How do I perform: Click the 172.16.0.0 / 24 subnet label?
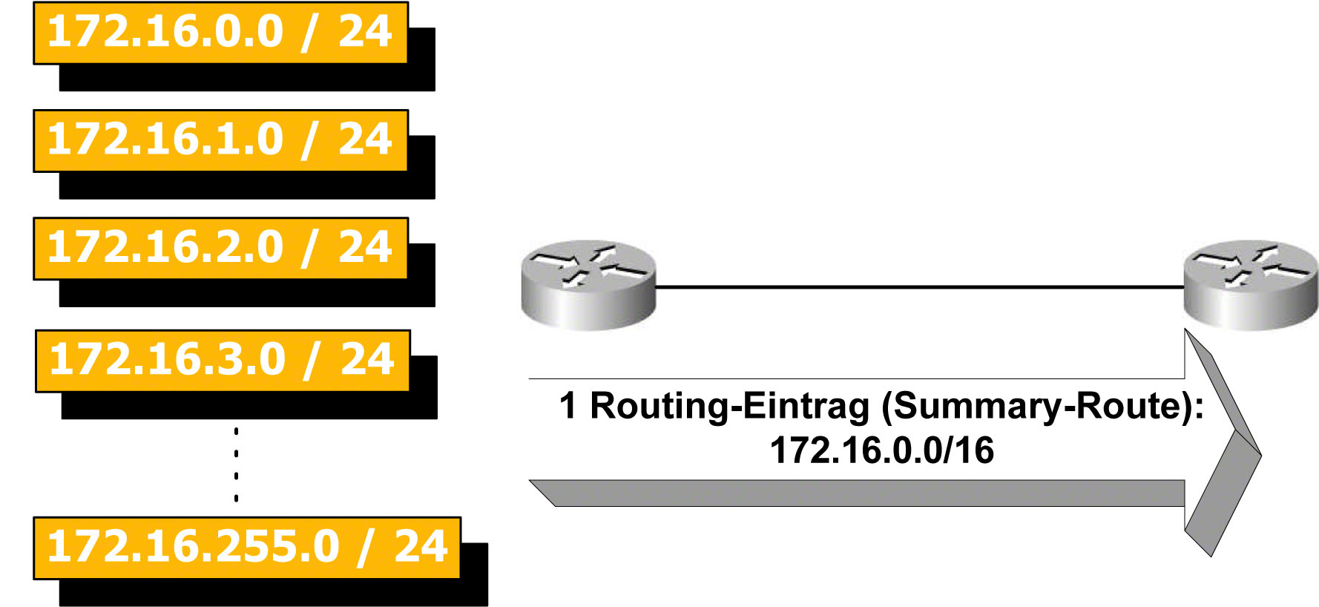(220, 33)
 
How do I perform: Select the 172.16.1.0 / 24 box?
(220, 141)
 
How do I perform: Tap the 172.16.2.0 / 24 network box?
(220, 249)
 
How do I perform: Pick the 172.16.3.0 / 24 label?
(223, 361)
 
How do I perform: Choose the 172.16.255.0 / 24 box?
(247, 548)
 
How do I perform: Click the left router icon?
(588, 284)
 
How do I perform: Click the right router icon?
(1251, 284)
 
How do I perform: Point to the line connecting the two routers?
(920, 286)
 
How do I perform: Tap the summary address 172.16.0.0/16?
(882, 450)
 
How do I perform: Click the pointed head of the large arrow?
(1231, 445)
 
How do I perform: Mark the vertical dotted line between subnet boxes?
(236, 465)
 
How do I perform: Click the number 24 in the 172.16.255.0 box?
(421, 547)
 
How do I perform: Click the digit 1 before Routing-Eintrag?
(568, 406)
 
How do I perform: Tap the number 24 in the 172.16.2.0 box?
(365, 247)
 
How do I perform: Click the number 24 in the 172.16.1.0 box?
(365, 140)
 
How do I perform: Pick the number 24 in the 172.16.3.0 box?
(367, 360)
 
